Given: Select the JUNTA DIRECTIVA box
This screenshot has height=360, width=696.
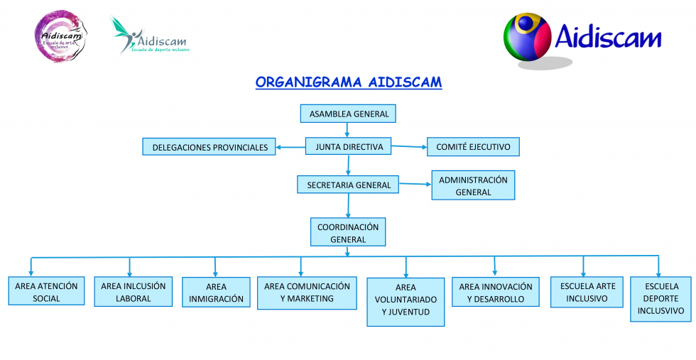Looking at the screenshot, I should point(348,147).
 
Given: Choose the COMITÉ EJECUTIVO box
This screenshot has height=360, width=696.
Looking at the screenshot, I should point(473,147).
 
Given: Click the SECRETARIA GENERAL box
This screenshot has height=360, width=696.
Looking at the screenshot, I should point(348,185).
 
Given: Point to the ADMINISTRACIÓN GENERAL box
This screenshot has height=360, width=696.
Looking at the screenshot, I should point(473,185).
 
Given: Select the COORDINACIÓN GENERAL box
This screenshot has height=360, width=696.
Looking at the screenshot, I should point(348,232).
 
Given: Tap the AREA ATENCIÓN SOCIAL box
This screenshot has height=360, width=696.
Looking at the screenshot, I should point(47,292).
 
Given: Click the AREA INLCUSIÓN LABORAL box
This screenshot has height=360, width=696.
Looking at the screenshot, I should point(134,292).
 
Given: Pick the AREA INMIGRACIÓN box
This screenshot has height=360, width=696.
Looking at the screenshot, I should point(216,293).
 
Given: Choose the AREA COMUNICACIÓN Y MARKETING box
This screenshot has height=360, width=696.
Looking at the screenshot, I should point(307,293).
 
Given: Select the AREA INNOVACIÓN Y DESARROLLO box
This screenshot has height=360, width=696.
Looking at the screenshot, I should point(495,293).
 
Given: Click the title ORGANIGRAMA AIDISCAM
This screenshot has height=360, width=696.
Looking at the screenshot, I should point(348,82).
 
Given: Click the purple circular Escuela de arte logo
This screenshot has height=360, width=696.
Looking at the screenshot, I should point(60,36).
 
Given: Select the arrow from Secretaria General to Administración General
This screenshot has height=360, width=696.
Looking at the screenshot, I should point(415,185).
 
